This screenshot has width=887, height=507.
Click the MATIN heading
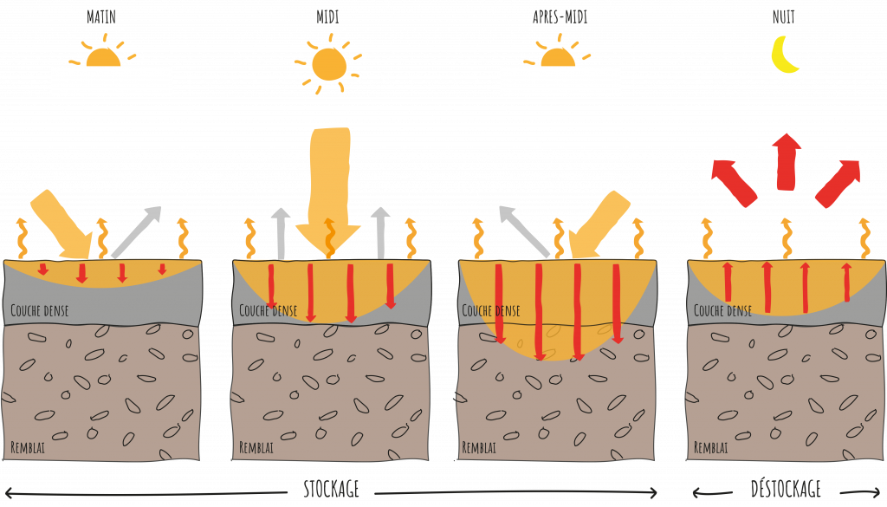pyautogui.click(x=102, y=16)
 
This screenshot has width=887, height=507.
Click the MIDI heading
pyautogui.click(x=327, y=16)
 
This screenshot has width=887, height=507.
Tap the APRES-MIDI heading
pyautogui.click(x=560, y=16)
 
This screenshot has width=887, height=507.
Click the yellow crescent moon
pyautogui.click(x=785, y=55)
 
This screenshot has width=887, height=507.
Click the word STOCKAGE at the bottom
pyautogui.click(x=331, y=489)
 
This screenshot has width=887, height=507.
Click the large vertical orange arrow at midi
pyautogui.click(x=328, y=186)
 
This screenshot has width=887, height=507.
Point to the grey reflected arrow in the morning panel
pyautogui.click(x=137, y=231)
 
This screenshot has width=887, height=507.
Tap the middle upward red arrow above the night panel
pyautogui.click(x=787, y=161)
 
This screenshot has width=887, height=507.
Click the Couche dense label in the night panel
pyautogui.click(x=722, y=310)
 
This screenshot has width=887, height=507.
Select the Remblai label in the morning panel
pyautogui.click(x=28, y=448)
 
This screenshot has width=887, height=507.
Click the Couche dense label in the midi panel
pyautogui.click(x=268, y=310)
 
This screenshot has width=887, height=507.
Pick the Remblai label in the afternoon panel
pyautogui.click(x=479, y=448)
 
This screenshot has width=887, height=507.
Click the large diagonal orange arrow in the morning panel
pyautogui.click(x=62, y=224)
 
